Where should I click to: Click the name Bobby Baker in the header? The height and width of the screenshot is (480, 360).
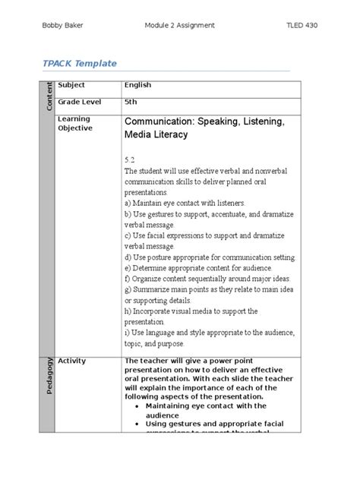(x=63, y=25)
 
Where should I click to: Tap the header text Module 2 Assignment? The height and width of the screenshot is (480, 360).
(x=179, y=25)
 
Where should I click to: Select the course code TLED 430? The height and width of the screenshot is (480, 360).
(x=301, y=25)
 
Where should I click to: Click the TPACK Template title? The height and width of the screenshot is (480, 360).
(x=84, y=64)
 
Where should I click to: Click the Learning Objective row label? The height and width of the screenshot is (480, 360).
(x=74, y=124)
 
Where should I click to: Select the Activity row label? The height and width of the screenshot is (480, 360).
(x=72, y=361)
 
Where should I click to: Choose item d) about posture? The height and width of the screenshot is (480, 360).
(x=209, y=257)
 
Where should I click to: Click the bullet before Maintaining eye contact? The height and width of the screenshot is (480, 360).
(x=135, y=406)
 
